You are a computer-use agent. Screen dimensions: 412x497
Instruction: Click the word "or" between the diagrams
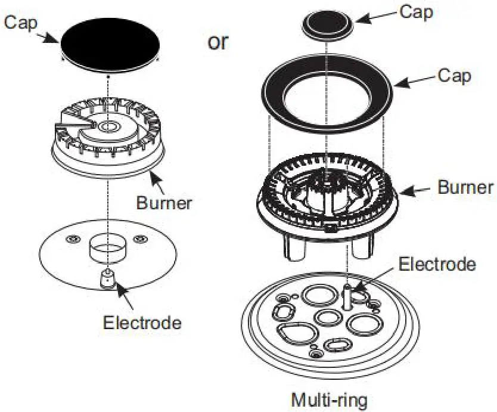coord(218,42)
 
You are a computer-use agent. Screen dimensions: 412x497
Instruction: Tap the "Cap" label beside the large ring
coord(454,76)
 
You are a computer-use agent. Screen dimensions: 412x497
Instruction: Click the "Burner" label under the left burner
coord(164,203)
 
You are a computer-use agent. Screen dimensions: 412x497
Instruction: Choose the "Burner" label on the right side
coord(465,187)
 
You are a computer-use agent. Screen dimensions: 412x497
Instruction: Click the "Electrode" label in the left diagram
coord(142,323)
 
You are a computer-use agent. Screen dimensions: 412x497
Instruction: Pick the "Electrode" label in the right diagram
coord(437,264)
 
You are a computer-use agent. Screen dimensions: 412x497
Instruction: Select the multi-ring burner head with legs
coord(327,197)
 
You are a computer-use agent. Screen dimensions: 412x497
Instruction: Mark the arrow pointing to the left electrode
coord(122,293)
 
